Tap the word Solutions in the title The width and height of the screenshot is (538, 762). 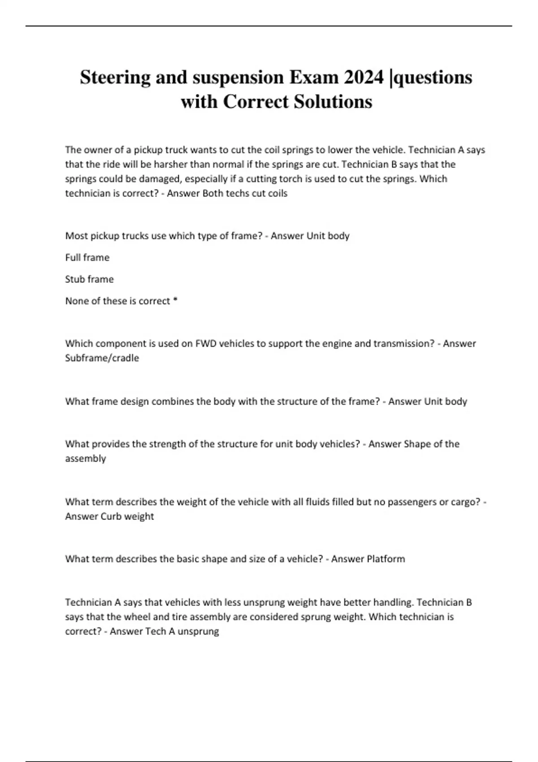(x=333, y=102)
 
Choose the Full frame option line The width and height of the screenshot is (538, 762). (x=87, y=258)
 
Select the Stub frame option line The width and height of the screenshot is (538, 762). (x=89, y=279)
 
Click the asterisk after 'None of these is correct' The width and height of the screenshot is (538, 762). (x=175, y=300)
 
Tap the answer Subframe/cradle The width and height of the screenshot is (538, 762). (x=102, y=358)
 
